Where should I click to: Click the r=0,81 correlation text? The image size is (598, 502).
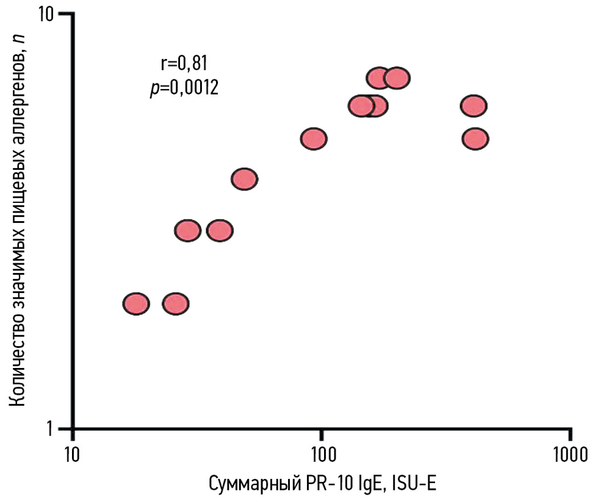(184, 63)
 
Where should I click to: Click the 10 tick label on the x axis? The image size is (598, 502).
(73, 454)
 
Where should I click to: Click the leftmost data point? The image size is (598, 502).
(136, 303)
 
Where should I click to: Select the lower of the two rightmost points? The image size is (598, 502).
(475, 139)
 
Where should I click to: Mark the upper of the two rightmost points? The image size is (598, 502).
(474, 106)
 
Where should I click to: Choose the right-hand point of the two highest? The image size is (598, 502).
(397, 78)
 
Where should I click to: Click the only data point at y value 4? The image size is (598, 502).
(245, 179)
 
